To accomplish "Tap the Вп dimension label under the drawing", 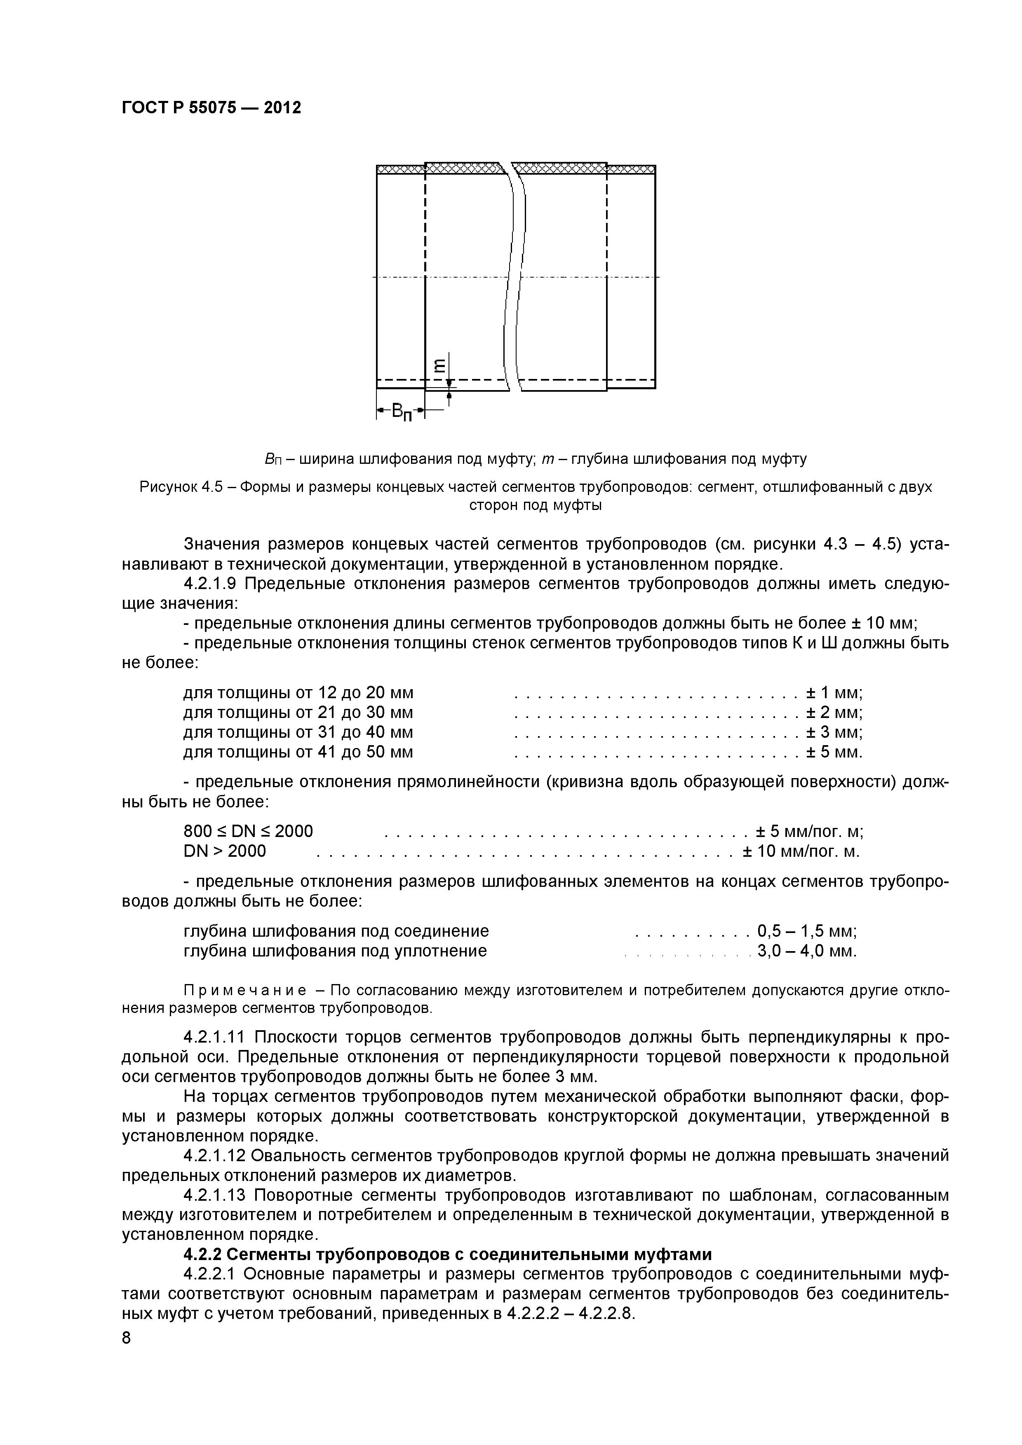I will (x=401, y=412).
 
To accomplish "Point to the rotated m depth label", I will (x=439, y=365).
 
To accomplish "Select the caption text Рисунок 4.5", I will (x=183, y=487).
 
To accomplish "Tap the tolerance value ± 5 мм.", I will (x=834, y=752).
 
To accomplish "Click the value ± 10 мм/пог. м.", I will (x=800, y=851).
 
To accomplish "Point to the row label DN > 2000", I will (x=225, y=851).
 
